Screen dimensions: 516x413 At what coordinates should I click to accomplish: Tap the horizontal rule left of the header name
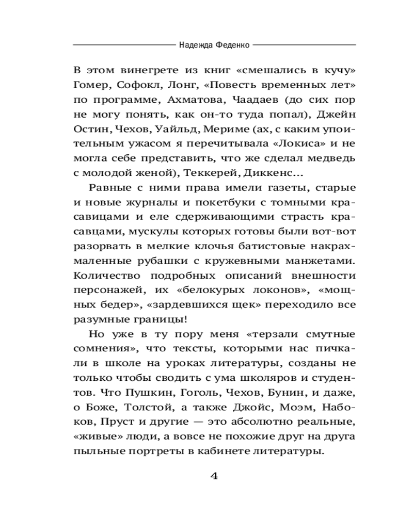(x=124, y=45)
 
